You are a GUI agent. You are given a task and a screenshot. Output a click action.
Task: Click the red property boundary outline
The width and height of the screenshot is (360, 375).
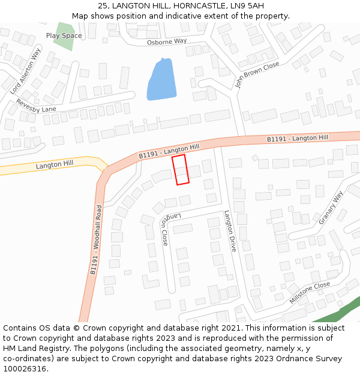pyautogui.click(x=181, y=169)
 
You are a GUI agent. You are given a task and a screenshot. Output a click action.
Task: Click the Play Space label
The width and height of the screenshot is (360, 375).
pyautogui.click(x=64, y=36)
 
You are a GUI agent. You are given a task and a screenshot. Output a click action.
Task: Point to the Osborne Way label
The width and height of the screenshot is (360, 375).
pyautogui.click(x=167, y=41)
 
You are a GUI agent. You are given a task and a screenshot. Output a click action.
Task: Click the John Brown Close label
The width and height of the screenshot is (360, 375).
pyautogui.click(x=257, y=74)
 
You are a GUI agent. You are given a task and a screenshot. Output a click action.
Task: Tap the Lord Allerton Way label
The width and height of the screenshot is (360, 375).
pyautogui.click(x=25, y=71)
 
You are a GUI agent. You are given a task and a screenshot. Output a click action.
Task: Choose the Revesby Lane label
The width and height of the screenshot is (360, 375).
pyautogui.click(x=36, y=105)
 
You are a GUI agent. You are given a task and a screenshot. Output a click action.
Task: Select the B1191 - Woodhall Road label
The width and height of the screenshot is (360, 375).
pyautogui.click(x=96, y=240)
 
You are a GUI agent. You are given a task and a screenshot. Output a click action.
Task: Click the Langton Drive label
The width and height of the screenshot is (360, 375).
pyautogui.click(x=230, y=230)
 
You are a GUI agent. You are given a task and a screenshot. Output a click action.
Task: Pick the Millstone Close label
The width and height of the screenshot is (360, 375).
pyautogui.click(x=310, y=292)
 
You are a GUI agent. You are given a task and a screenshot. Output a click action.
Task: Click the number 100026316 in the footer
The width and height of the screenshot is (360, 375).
pyautogui.click(x=24, y=369)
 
